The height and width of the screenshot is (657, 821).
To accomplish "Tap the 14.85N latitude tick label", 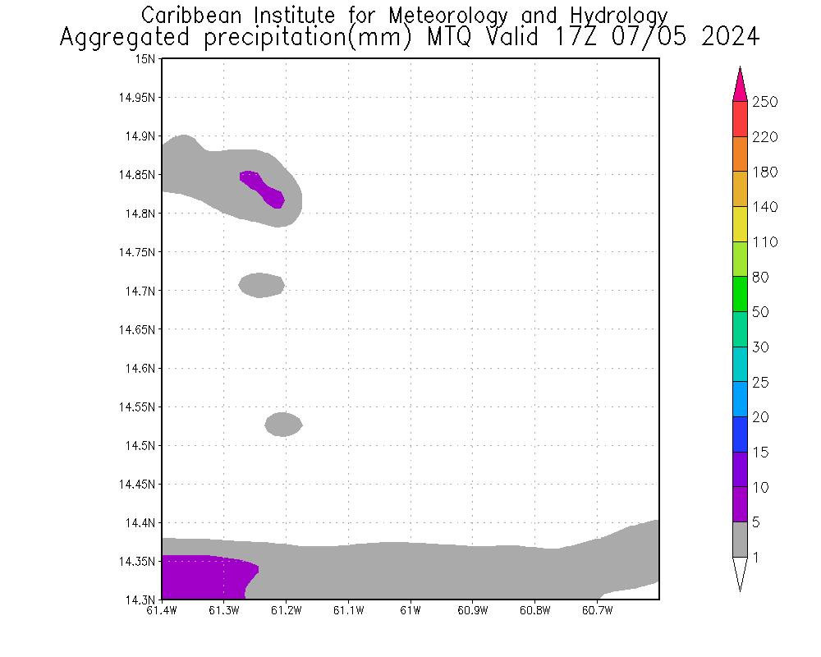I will (x=138, y=175).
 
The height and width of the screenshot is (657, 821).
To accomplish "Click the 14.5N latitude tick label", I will (x=140, y=445).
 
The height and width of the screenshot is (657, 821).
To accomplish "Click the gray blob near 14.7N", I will (x=261, y=285).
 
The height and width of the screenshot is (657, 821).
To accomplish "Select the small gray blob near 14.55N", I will (x=283, y=425).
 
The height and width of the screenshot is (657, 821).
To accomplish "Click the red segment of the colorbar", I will (x=740, y=119).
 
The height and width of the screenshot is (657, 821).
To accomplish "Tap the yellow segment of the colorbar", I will (x=740, y=224).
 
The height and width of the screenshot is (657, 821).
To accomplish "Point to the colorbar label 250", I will (x=764, y=102).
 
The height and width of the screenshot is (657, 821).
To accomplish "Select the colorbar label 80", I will (x=759, y=277).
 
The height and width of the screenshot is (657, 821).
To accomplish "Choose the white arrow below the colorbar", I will (x=740, y=573).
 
